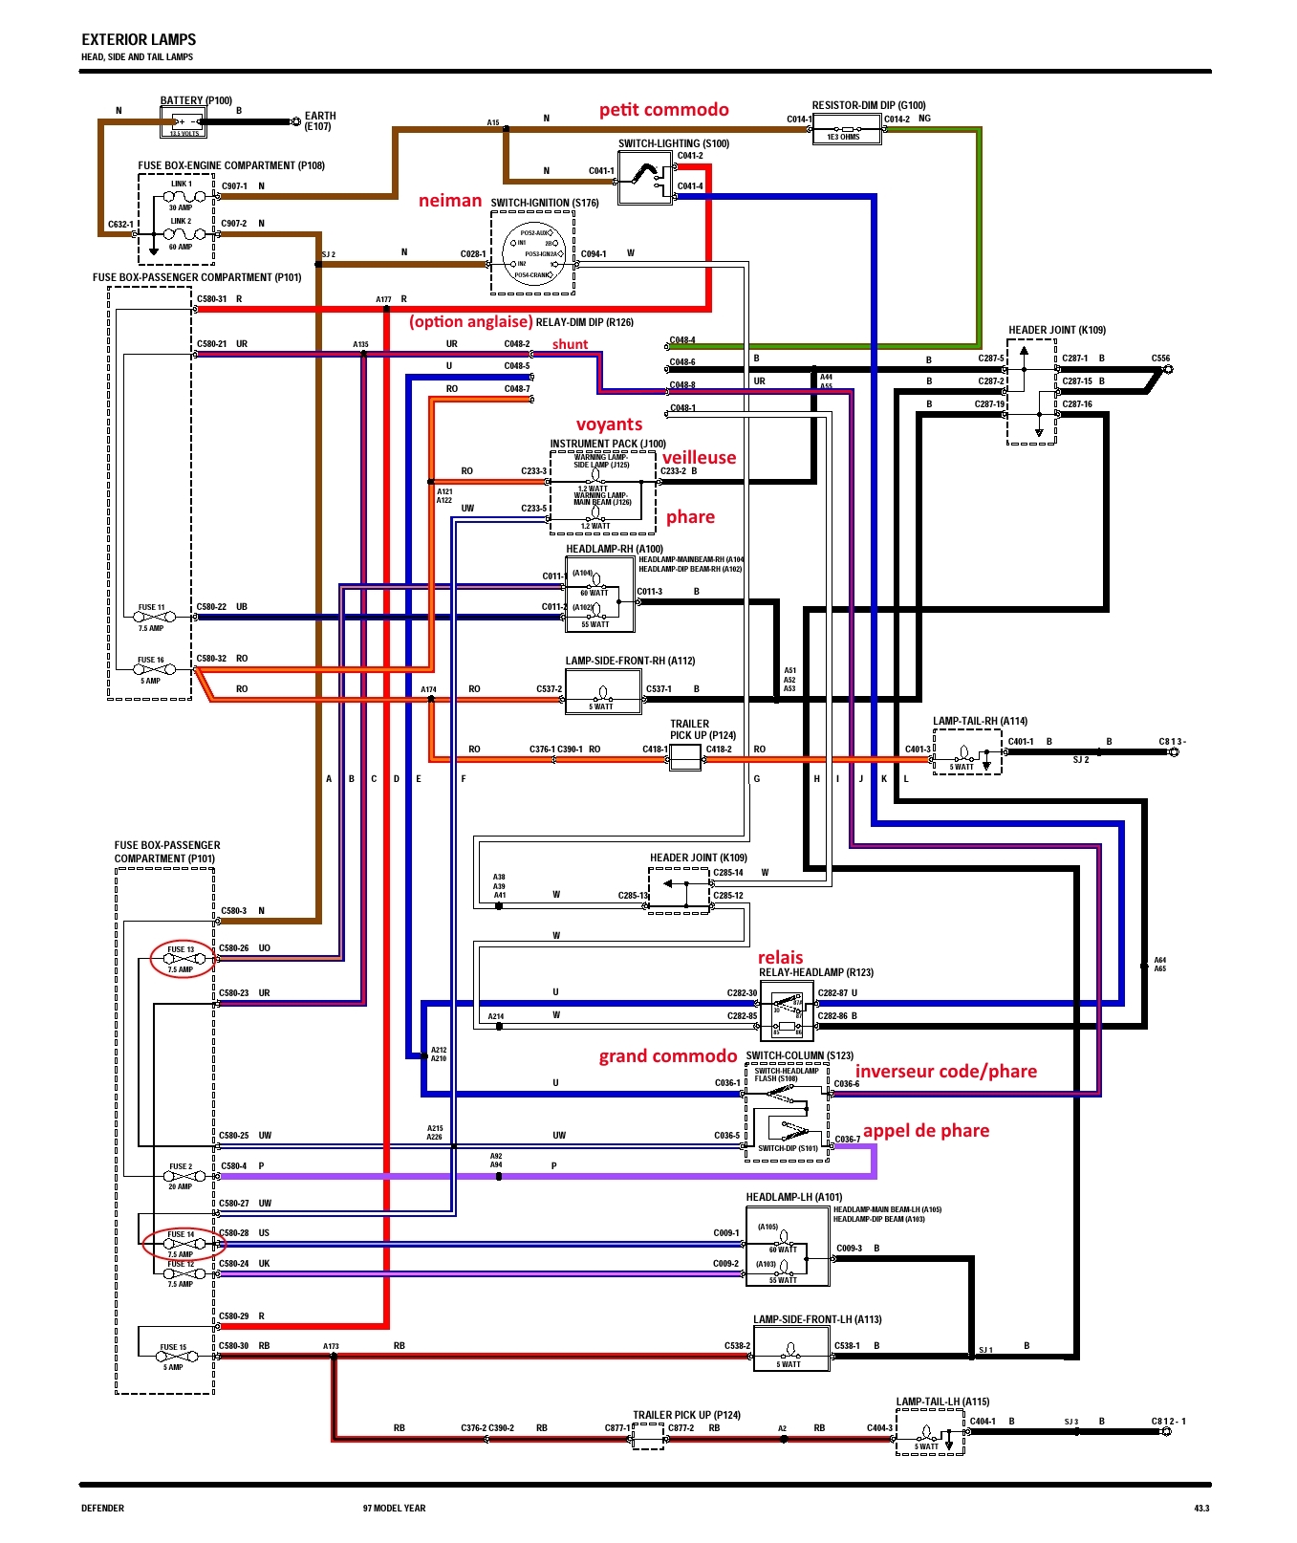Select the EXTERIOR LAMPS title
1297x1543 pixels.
click(139, 39)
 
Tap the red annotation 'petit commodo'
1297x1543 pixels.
click(664, 110)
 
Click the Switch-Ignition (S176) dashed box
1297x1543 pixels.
click(532, 253)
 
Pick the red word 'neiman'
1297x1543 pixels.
click(449, 201)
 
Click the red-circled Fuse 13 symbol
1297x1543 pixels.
click(181, 958)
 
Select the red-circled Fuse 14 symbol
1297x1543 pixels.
click(180, 1243)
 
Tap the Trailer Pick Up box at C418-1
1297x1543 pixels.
click(684, 757)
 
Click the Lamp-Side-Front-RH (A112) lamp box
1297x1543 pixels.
click(602, 692)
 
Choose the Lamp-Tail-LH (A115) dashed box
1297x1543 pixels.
click(929, 1431)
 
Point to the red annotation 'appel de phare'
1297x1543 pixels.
click(925, 1131)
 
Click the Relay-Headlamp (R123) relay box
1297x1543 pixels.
click(788, 1014)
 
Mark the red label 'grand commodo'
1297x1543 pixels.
click(667, 1056)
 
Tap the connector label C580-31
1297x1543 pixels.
click(211, 299)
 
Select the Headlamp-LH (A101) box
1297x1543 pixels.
click(787, 1247)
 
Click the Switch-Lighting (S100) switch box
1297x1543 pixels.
click(644, 177)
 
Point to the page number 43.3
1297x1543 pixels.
click(1200, 1509)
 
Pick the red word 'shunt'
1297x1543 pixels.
click(570, 344)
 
